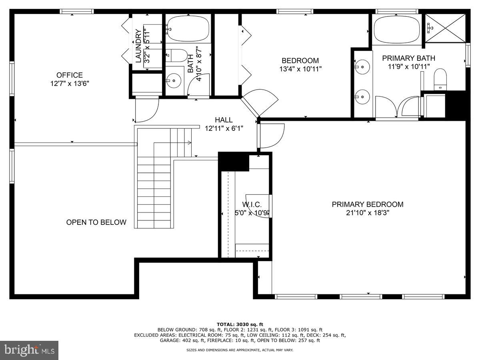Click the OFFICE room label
pyautogui.click(x=70, y=75)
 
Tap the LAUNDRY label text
pyautogui.click(x=138, y=46)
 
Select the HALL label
pyautogui.click(x=224, y=120)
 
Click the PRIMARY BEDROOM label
pyautogui.click(x=367, y=204)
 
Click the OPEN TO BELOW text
pyautogui.click(x=96, y=222)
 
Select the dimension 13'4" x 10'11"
pyautogui.click(x=300, y=69)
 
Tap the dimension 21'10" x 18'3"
pyautogui.click(x=367, y=213)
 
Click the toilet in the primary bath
pyautogui.click(x=440, y=79)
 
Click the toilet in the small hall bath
pyautogui.click(x=176, y=55)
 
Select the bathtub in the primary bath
pyautogui.click(x=396, y=30)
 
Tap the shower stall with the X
pyautogui.click(x=445, y=28)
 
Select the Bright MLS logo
pyautogui.click(x=29, y=350)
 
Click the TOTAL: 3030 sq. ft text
pyautogui.click(x=240, y=324)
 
